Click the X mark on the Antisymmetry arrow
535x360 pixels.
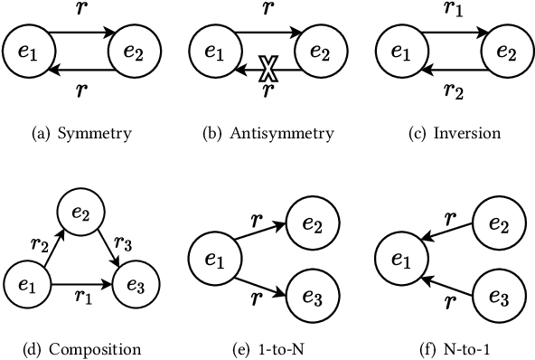click(267, 68)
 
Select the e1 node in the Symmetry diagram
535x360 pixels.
click(26, 52)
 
